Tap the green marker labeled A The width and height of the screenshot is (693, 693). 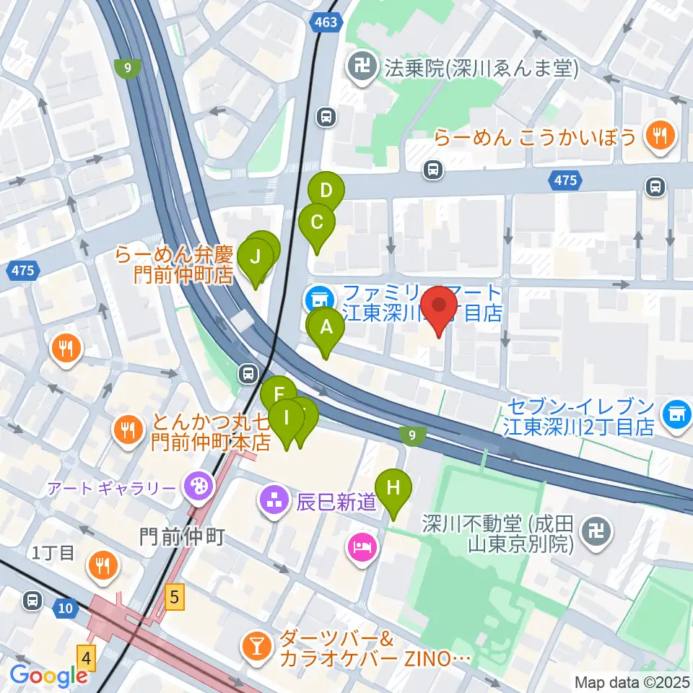pyautogui.click(x=326, y=329)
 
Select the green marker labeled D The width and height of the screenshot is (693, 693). pyautogui.click(x=326, y=192)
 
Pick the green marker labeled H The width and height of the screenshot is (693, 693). pyautogui.click(x=393, y=489)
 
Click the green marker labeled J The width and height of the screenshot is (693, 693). pyautogui.click(x=254, y=258)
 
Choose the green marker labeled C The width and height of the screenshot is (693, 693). pyautogui.click(x=316, y=223)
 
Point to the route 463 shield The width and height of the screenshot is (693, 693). pyautogui.click(x=326, y=23)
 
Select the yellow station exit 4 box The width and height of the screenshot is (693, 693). pyautogui.click(x=87, y=658)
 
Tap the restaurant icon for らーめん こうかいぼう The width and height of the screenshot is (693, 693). pyautogui.click(x=658, y=135)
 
